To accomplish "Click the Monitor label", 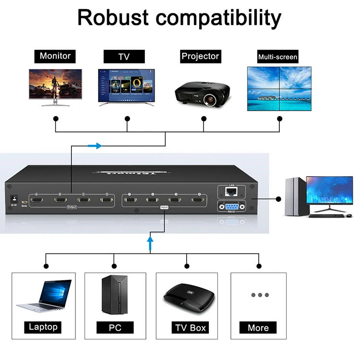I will [x=55, y=56].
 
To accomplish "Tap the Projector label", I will [x=200, y=56].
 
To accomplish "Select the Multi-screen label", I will [x=278, y=57].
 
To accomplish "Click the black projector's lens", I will [x=209, y=100].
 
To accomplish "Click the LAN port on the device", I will [x=232, y=192].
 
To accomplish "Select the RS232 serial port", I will [x=232, y=206].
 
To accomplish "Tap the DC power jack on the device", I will [x=14, y=198].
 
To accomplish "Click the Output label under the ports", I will [x=72, y=207].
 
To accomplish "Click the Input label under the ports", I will [x=164, y=207].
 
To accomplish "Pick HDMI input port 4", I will [x=197, y=199].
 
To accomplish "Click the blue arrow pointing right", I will [x=96, y=145].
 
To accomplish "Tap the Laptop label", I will [x=43, y=327].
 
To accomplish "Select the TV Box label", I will [x=191, y=328].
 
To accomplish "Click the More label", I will [x=258, y=328].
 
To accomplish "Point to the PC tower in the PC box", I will [x=115, y=295].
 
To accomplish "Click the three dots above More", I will [x=260, y=295].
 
